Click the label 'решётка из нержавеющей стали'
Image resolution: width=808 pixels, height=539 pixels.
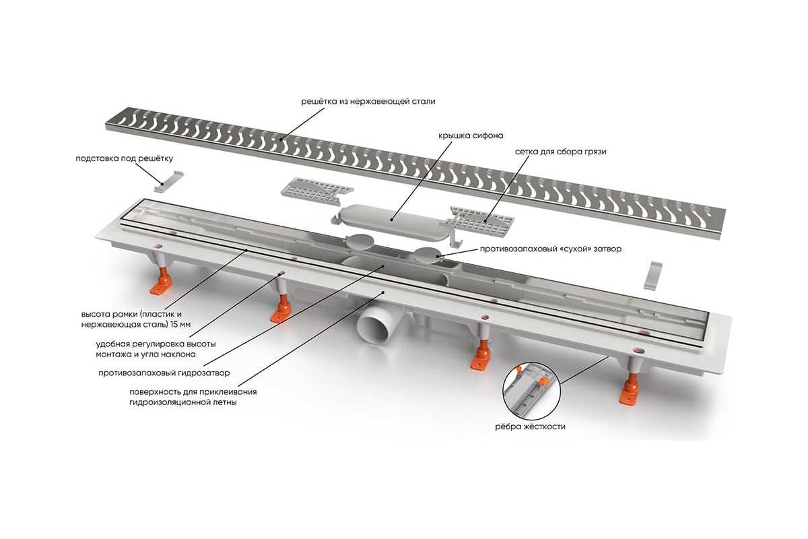click(368, 102)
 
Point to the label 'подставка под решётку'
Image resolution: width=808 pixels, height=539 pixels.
click(125, 159)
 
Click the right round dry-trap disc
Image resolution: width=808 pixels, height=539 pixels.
click(428, 255)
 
